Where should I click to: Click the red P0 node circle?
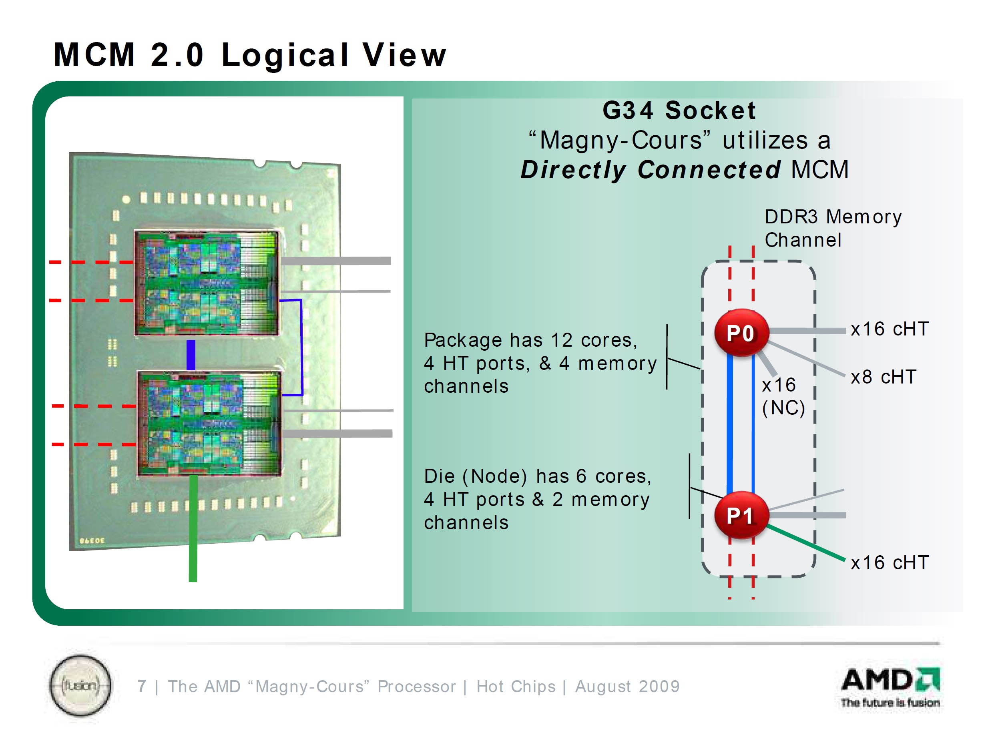click(x=741, y=333)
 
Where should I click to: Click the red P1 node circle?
click(x=741, y=515)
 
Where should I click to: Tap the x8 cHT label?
click(x=883, y=377)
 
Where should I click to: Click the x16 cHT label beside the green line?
click(x=889, y=562)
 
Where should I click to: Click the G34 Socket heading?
click(x=679, y=110)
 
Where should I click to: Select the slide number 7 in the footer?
click(x=142, y=686)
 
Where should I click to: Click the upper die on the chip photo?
click(x=207, y=283)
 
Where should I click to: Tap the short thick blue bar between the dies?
click(x=191, y=355)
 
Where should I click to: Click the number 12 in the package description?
click(x=561, y=340)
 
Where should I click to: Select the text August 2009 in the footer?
click(x=627, y=686)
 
